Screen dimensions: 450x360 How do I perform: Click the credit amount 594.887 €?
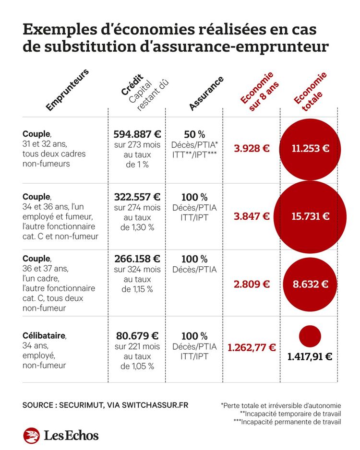(137, 133)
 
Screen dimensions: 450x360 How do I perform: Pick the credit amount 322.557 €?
(137, 197)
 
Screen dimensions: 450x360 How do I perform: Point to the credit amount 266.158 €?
(137, 259)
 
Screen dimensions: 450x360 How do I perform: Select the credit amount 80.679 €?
(137, 335)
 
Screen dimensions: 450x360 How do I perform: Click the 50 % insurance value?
(194, 134)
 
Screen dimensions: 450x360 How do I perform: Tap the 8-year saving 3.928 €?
(252, 148)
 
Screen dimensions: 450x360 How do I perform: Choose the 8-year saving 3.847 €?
(252, 216)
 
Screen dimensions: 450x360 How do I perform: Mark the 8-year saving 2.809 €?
(252, 284)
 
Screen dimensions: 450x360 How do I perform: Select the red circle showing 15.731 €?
(310, 216)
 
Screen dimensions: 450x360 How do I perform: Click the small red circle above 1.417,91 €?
(310, 336)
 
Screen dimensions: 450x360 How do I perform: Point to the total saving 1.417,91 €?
(310, 357)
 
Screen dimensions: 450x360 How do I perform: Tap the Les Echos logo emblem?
(31, 436)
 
